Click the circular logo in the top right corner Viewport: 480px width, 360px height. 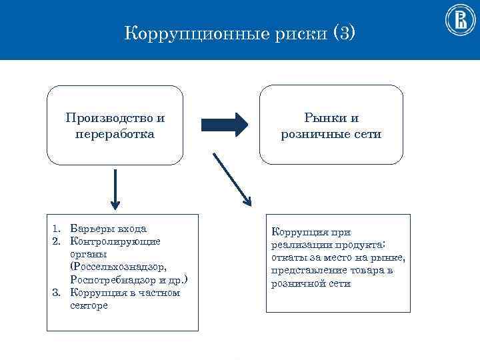pyautogui.click(x=459, y=21)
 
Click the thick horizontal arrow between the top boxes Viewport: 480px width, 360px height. pyautogui.click(x=225, y=123)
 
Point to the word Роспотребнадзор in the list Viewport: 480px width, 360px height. pyautogui.click(x=111, y=279)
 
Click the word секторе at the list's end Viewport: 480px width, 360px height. pyautogui.click(x=89, y=305)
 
